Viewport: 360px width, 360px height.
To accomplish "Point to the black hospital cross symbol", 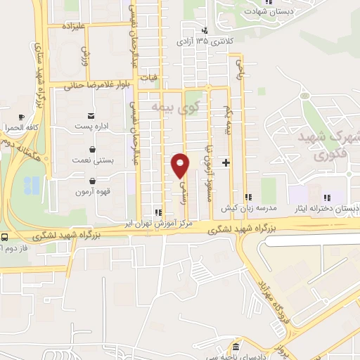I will (x=226, y=162).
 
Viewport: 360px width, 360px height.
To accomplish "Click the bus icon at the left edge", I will (x=5, y=237).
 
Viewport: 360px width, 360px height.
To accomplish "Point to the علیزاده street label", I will (x=73, y=26).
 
